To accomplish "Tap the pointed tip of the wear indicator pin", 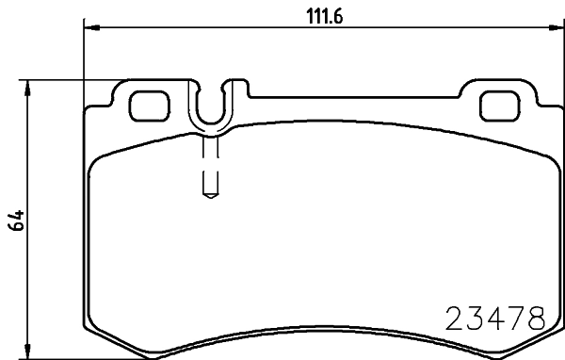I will click(x=210, y=195).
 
